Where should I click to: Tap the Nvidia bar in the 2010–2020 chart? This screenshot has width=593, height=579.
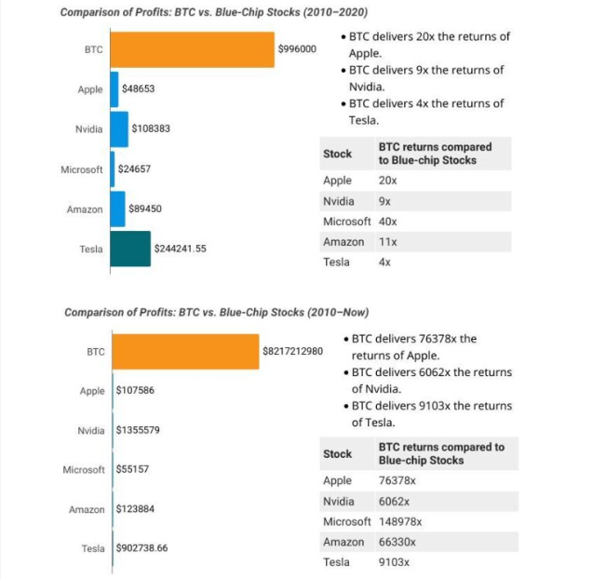119,128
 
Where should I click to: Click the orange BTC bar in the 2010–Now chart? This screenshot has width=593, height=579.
185,351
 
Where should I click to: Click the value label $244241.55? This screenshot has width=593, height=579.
181,249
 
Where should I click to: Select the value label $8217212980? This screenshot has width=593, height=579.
293,351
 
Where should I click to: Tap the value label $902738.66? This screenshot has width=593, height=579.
142,548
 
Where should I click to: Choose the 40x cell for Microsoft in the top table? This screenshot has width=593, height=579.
387,222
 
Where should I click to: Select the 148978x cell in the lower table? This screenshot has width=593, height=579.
400,521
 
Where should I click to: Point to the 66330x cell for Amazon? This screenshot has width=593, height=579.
398,542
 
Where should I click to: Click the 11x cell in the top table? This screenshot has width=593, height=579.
387,242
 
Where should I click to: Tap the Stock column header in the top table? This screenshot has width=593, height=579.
337,154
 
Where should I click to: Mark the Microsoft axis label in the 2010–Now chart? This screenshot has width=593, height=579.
84,470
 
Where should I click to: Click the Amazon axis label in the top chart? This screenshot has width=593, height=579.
85,209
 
